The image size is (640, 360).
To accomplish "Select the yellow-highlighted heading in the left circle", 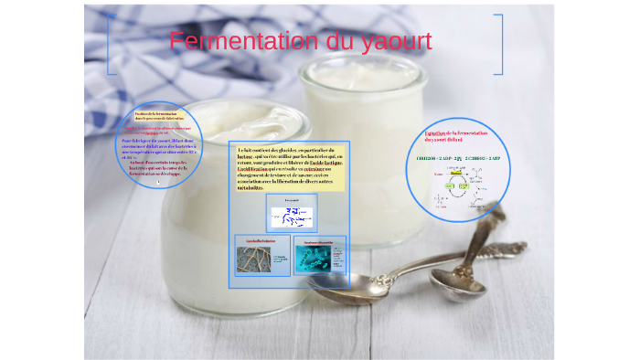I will click(x=159, y=116).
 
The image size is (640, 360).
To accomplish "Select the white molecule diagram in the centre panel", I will click(x=292, y=217).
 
